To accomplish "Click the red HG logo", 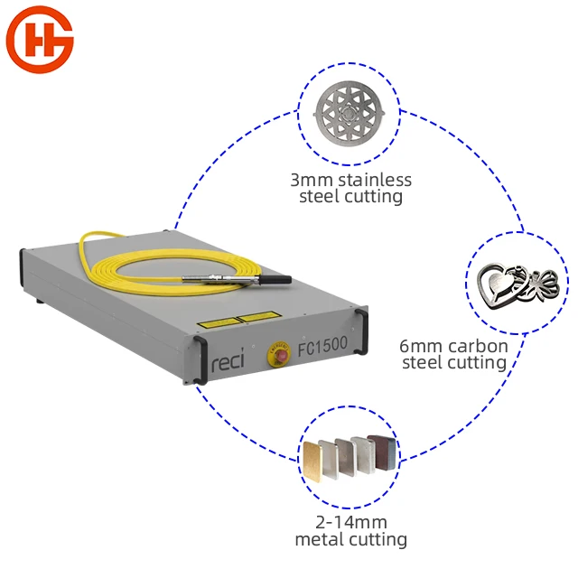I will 40,40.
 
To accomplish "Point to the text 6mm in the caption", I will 419,346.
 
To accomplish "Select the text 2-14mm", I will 350,523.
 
